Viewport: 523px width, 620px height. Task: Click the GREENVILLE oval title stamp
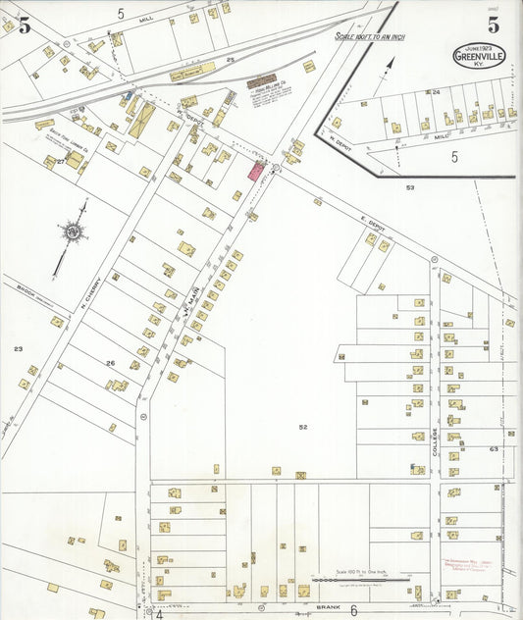pyautogui.click(x=479, y=55)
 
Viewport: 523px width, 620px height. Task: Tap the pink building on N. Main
pyautogui.click(x=256, y=171)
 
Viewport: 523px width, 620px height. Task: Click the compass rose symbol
pyautogui.click(x=73, y=233)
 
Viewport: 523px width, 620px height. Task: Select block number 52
pyautogui.click(x=303, y=427)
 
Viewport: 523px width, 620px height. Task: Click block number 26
pyautogui.click(x=111, y=364)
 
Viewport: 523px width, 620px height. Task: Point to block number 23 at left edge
pyautogui.click(x=18, y=349)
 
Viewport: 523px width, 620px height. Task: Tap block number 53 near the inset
pyautogui.click(x=410, y=186)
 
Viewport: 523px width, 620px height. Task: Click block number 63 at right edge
pyautogui.click(x=494, y=449)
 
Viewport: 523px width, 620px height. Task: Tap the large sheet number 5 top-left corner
pyautogui.click(x=23, y=26)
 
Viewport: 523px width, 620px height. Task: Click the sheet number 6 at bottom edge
pyautogui.click(x=352, y=609)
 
